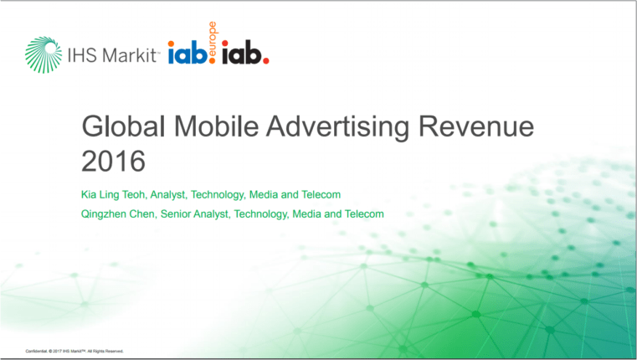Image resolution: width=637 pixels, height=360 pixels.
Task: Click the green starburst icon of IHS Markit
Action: pos(43,55)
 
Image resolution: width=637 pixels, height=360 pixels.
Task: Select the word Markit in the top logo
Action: pos(130,56)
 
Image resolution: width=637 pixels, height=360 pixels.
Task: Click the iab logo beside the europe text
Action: pos(188,55)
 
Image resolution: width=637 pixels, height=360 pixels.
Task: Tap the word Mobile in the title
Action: pos(220,128)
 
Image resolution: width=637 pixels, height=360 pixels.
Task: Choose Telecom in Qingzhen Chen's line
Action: pos(365,214)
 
